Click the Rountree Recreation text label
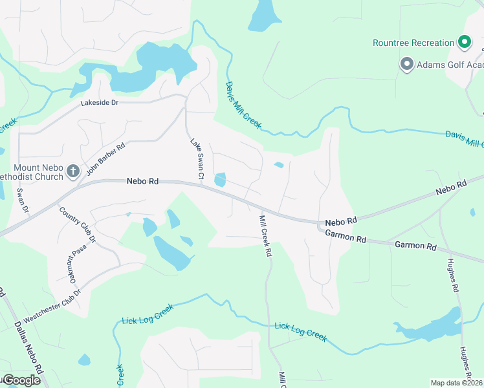coord(413,43)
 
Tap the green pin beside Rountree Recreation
coord(464,43)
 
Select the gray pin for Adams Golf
coord(406,64)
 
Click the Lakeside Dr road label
coord(100,103)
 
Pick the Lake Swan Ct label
coord(197,158)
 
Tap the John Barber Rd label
coord(105,156)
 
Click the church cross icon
coord(73,171)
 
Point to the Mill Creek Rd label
coord(264,236)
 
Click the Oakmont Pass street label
coord(73,269)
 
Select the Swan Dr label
coord(23,200)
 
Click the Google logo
coord(21,380)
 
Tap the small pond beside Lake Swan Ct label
coord(220,180)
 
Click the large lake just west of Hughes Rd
coord(430,327)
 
